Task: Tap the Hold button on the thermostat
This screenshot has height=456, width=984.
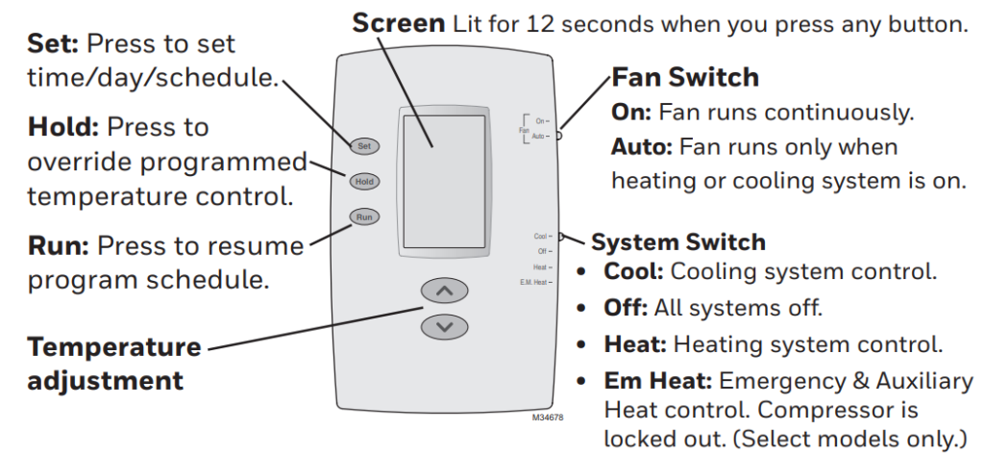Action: click(363, 181)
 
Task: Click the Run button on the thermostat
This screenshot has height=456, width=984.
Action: click(363, 217)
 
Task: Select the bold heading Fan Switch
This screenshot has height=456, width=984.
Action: click(685, 78)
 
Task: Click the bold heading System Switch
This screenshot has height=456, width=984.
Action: click(677, 241)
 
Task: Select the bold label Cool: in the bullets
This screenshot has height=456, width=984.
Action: click(630, 271)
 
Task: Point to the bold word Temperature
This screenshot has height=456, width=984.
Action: click(114, 345)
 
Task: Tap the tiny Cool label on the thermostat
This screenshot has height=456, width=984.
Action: click(540, 236)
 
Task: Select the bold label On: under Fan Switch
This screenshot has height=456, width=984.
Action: click(629, 113)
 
